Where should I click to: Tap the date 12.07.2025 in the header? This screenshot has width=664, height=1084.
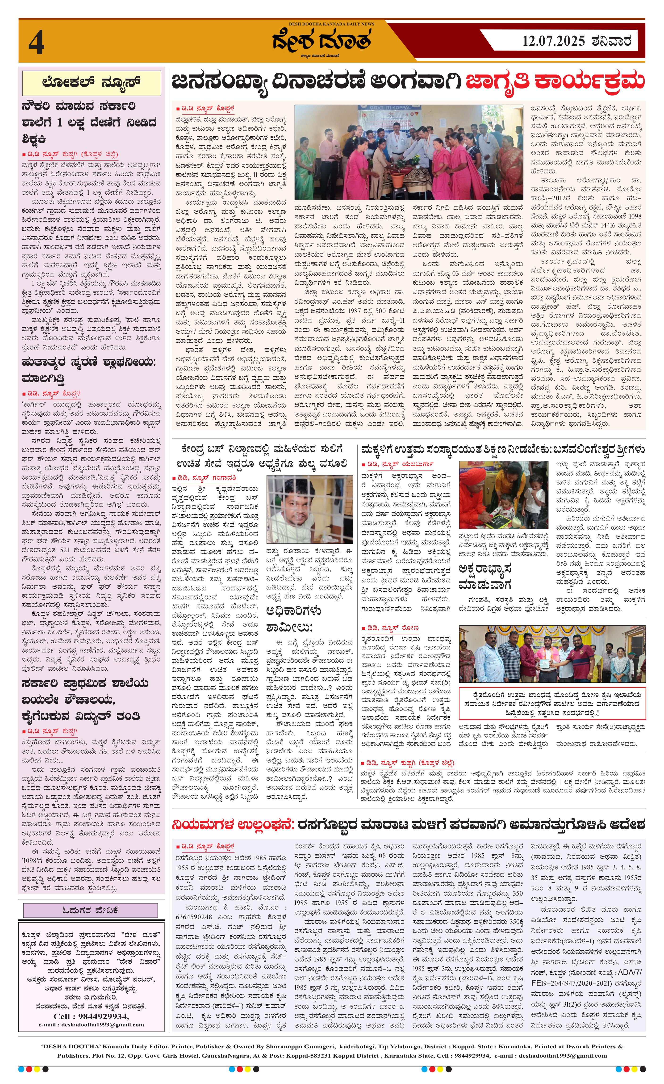tap(553, 41)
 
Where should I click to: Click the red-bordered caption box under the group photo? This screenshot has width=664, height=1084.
tap(552, 704)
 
